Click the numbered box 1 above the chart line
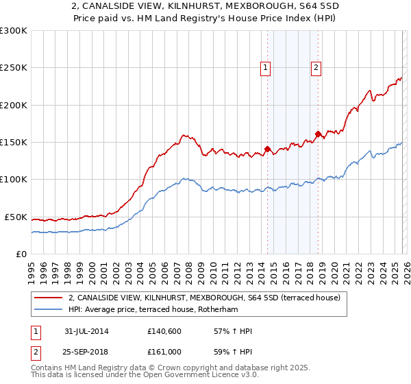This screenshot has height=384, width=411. (265, 67)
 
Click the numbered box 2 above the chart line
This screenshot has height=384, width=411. (316, 67)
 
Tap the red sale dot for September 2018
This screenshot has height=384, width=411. (318, 134)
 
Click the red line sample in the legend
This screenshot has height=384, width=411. (49, 298)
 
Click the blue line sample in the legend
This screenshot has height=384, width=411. (49, 309)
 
